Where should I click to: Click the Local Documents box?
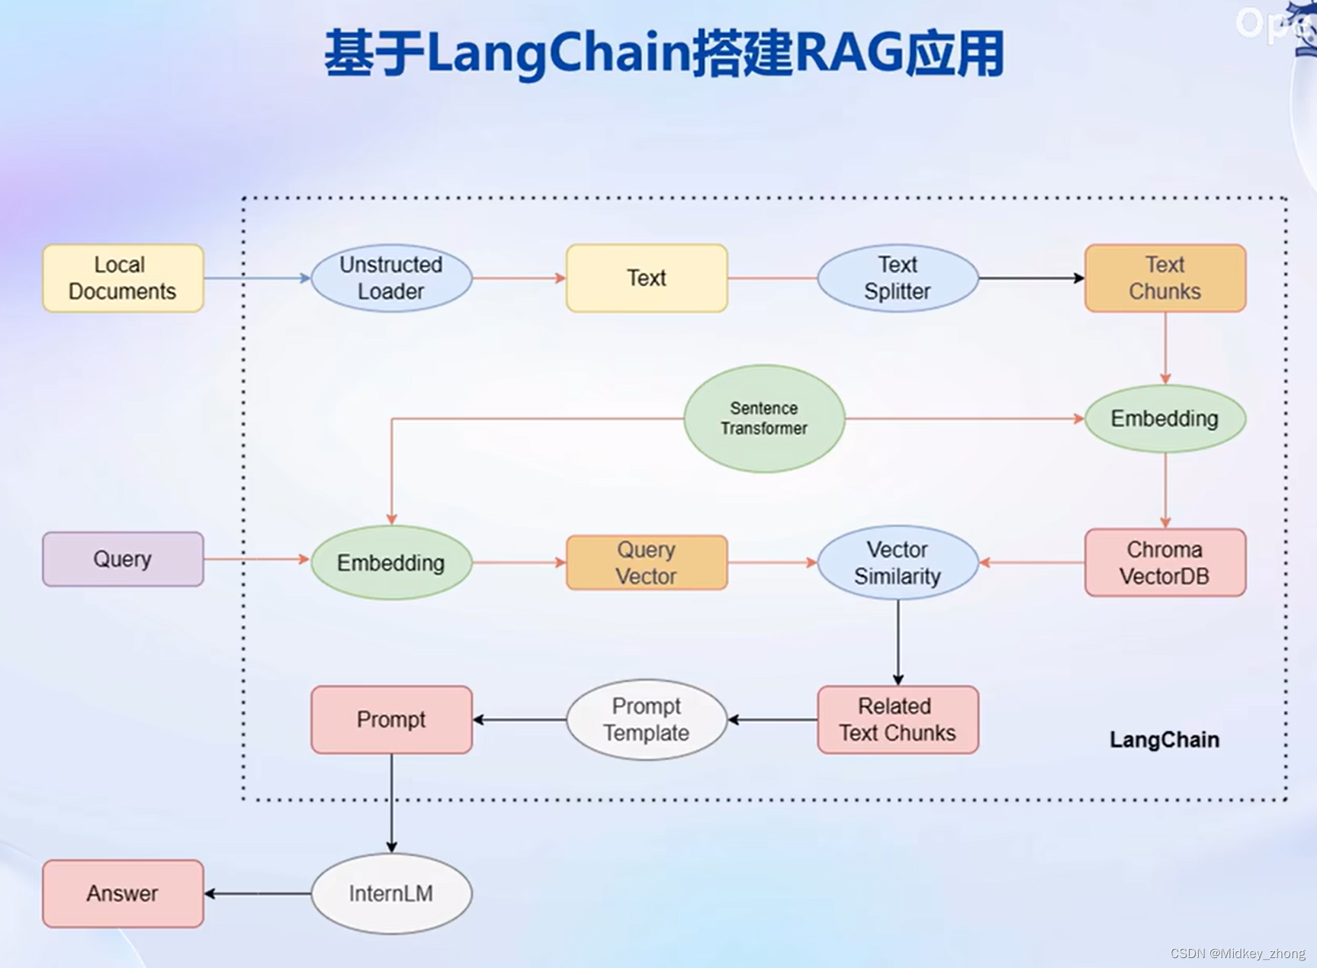(x=123, y=278)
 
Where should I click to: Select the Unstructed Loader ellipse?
(x=391, y=278)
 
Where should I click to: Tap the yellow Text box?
(x=647, y=278)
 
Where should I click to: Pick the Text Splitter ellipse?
(x=898, y=278)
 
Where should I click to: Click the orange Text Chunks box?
(x=1164, y=278)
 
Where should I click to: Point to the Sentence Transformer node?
(x=764, y=419)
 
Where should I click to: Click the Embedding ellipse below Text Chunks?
(x=1164, y=419)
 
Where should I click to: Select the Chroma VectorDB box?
(x=1164, y=563)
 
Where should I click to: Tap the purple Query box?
(x=123, y=559)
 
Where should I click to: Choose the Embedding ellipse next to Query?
(x=391, y=563)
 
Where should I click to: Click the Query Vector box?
(x=647, y=563)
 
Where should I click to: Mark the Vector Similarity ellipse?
(x=898, y=563)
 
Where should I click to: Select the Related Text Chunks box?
(x=898, y=719)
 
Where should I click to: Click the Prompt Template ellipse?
(x=647, y=719)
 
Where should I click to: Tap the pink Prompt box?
(x=391, y=719)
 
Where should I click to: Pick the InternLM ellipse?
(x=391, y=893)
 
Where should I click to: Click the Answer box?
(x=123, y=893)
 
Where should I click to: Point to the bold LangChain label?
(x=1164, y=740)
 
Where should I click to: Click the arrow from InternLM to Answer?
(x=258, y=893)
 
